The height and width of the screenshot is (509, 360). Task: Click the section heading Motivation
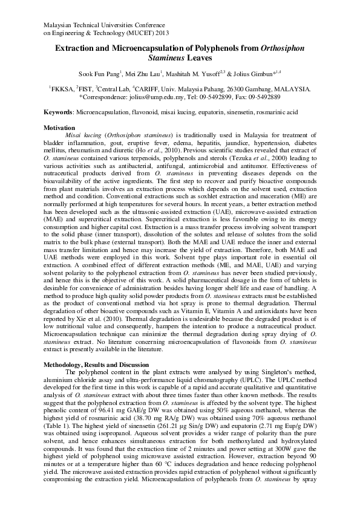(59, 128)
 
